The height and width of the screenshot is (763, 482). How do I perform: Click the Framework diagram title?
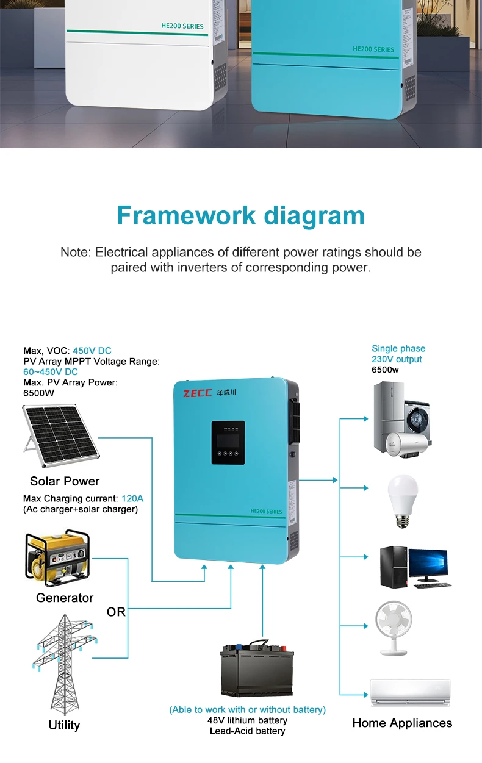tap(240, 216)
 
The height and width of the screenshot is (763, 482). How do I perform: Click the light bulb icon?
tap(403, 501)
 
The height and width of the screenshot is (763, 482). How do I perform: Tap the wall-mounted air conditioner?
tap(410, 693)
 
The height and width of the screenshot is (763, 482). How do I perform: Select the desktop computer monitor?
tap(428, 564)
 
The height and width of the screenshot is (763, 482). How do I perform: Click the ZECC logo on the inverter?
tap(196, 393)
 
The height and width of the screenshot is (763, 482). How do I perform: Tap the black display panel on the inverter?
tap(228, 446)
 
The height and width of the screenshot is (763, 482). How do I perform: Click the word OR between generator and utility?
tap(116, 612)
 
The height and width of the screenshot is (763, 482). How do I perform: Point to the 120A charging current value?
tap(132, 498)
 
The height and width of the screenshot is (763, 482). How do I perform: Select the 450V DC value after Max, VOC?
tap(92, 351)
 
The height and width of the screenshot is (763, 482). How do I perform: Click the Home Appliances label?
tap(402, 723)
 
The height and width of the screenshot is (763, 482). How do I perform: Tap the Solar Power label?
tap(65, 481)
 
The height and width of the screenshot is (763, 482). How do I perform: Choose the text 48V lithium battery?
tap(247, 720)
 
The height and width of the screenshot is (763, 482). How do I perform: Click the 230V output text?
tap(397, 359)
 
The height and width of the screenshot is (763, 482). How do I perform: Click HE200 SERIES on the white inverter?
tap(184, 26)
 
